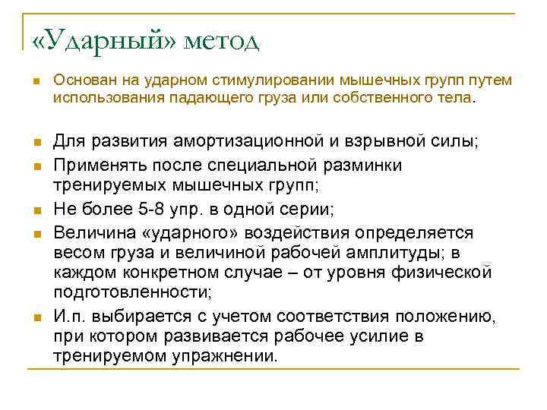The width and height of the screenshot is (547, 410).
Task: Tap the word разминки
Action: [x=360, y=164]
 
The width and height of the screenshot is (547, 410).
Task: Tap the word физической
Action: [x=448, y=272]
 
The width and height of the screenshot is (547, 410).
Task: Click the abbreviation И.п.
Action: [x=70, y=315]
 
